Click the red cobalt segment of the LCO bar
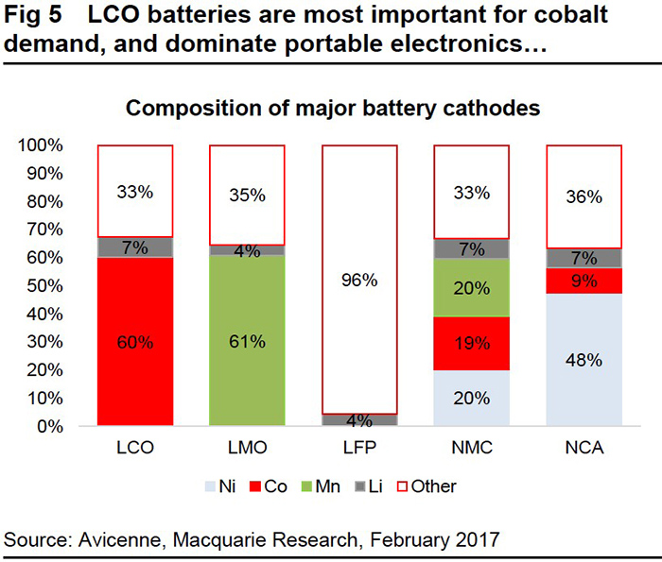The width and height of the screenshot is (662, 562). click(135, 341)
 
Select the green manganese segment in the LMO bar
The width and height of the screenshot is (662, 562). click(248, 341)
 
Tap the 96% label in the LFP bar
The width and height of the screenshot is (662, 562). click(359, 280)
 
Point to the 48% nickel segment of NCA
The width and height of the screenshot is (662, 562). click(584, 360)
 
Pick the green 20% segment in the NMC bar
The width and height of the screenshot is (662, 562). click(471, 288)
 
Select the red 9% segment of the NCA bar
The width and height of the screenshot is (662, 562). click(584, 281)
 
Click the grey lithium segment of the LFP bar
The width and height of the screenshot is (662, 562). click(359, 419)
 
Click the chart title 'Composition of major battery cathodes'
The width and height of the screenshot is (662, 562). click(333, 108)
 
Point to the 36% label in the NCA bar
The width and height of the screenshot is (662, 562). click(584, 196)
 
